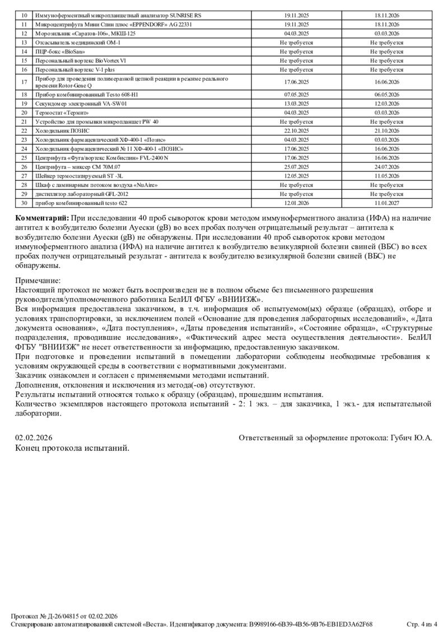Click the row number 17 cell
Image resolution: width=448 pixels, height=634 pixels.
click(24, 82)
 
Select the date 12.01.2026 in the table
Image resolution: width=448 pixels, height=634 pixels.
click(296, 202)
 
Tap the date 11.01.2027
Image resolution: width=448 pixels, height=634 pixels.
click(386, 202)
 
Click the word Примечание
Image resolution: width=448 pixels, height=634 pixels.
click(38, 281)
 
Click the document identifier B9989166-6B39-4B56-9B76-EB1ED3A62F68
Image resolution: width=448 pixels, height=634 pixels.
click(311, 624)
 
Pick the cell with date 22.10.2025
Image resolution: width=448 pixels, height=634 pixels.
click(296, 130)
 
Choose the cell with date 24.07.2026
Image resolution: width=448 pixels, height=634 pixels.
click(386, 167)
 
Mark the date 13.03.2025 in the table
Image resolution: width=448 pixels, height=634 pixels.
click(296, 104)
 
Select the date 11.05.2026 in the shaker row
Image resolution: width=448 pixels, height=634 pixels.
click(386, 176)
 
